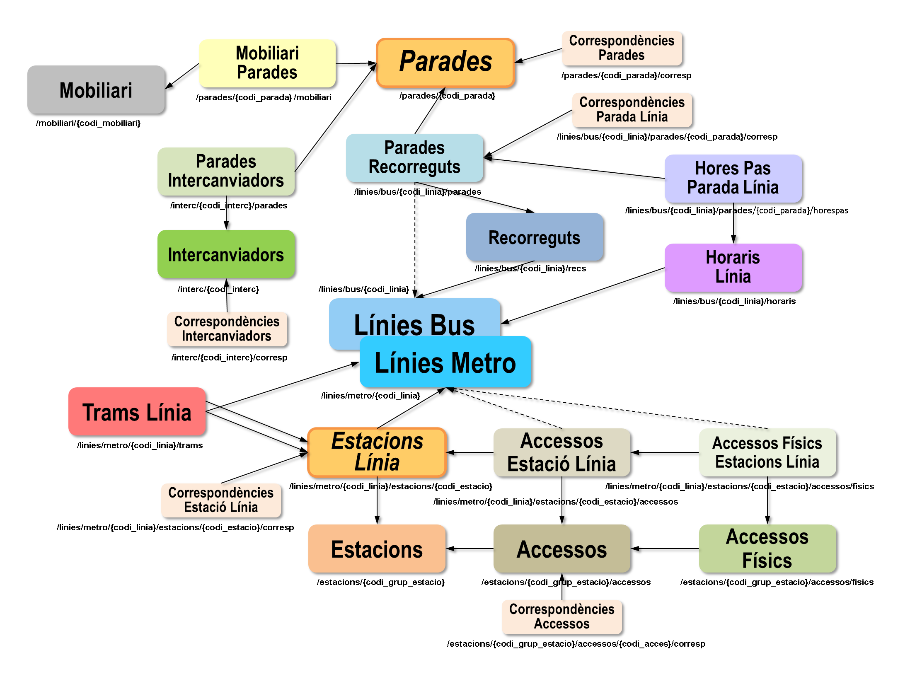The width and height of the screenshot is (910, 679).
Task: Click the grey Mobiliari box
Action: tap(96, 89)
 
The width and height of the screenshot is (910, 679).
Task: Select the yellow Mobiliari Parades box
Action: tap(267, 63)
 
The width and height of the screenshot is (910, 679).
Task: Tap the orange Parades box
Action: tap(445, 63)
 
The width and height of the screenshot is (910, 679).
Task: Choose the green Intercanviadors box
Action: tap(226, 254)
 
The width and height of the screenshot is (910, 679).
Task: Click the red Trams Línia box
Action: tap(137, 411)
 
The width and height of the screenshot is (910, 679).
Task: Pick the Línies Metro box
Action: tap(445, 362)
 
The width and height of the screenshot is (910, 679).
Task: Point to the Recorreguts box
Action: tap(535, 237)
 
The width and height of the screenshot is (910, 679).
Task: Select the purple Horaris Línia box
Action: tap(733, 268)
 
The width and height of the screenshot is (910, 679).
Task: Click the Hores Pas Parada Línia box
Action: tap(733, 179)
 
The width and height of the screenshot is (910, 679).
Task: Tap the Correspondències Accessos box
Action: tap(562, 617)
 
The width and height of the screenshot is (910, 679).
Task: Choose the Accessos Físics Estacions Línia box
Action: tap(767, 452)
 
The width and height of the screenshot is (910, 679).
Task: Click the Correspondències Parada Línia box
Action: tap(632, 110)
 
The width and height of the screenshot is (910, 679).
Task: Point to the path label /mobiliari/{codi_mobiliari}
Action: tap(88, 123)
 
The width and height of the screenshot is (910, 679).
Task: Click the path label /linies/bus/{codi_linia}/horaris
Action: tap(734, 301)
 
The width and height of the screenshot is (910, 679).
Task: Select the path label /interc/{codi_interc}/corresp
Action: tap(229, 358)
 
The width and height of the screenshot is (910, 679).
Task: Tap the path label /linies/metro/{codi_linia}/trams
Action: tap(140, 445)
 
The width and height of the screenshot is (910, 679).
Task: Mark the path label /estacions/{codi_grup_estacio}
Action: tap(380, 582)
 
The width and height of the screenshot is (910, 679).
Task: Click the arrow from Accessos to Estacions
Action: tap(470, 549)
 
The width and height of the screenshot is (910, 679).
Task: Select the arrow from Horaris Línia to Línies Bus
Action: tap(583, 295)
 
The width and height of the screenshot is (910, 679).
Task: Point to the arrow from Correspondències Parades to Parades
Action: tap(538, 56)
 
